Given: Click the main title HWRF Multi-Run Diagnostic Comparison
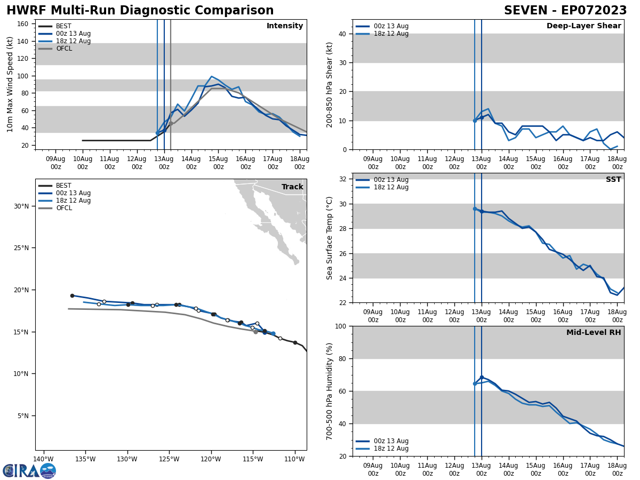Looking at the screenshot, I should pos(140,11).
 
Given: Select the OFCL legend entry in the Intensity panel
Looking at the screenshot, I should pos(63,49).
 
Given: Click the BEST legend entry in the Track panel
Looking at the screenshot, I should pos(63,186).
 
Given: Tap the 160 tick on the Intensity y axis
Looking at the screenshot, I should pos(23,24).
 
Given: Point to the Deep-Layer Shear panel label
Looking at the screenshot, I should pos(583,26).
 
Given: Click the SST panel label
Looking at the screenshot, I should pos(613,180).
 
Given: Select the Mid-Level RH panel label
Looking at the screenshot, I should pos(594,333).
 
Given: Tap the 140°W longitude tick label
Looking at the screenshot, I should pos(44,459).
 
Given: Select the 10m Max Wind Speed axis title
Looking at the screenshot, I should pos(10,84).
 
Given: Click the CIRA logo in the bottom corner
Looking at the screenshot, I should pos(29,470).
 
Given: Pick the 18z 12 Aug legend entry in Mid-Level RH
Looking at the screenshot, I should pos(391,449).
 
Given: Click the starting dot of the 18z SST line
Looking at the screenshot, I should pos(475,209).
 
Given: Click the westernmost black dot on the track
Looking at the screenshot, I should pos(72,295).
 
